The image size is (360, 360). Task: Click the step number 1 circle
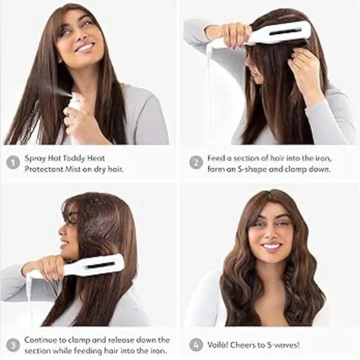(x=13, y=163)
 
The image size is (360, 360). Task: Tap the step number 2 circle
(x=196, y=163)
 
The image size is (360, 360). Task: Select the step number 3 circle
(x=13, y=345)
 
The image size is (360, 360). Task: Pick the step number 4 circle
(x=196, y=345)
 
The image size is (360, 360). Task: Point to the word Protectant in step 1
(x=43, y=169)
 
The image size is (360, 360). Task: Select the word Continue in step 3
(x=41, y=340)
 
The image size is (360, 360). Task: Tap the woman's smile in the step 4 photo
(x=271, y=246)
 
